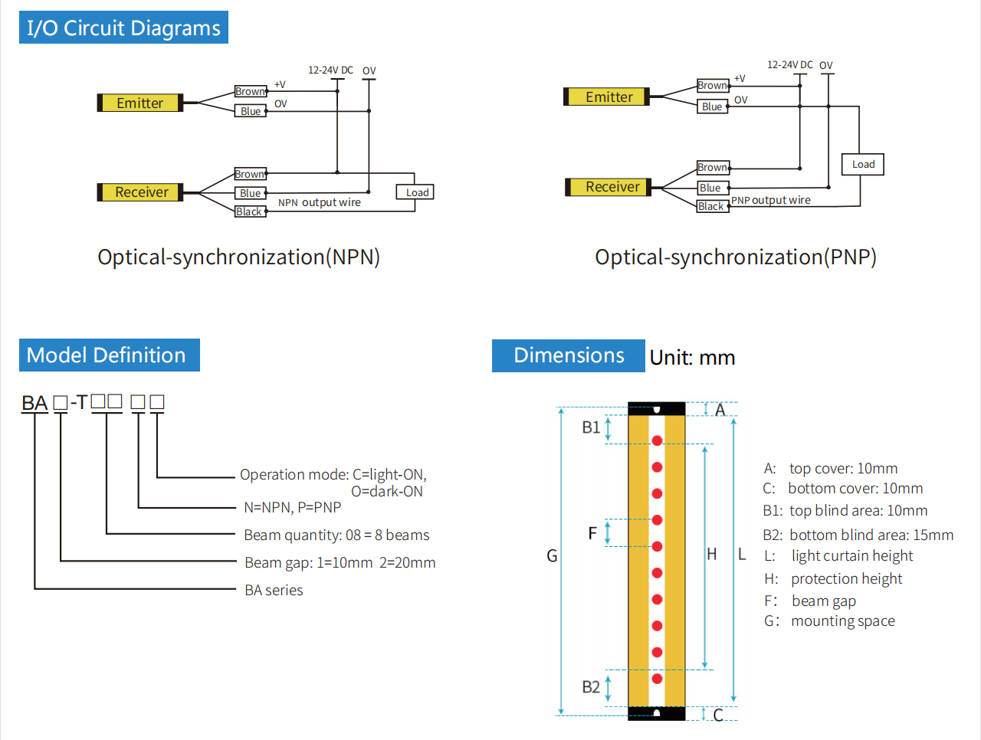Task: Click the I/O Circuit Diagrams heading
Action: coord(123,28)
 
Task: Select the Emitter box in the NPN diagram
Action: coord(139,103)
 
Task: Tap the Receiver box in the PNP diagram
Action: coord(612,187)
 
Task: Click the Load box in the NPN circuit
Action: coord(416,192)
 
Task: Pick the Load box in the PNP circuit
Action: coord(862,164)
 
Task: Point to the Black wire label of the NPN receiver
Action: coord(250,211)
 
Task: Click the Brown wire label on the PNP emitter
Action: coord(712,85)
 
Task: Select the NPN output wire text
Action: coord(319,202)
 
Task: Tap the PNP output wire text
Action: coord(770,200)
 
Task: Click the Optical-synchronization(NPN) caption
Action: coord(238,257)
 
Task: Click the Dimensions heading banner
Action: coord(568,355)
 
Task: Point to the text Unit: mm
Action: coord(692,358)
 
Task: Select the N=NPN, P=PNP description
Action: coord(292,507)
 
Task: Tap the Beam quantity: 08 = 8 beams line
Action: coord(336,535)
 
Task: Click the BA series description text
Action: coord(274,590)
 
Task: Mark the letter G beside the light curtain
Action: coord(552,555)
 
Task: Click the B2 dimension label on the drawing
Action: coord(591,687)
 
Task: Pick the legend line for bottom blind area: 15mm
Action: coord(858,535)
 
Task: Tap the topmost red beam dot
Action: coord(657,440)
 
